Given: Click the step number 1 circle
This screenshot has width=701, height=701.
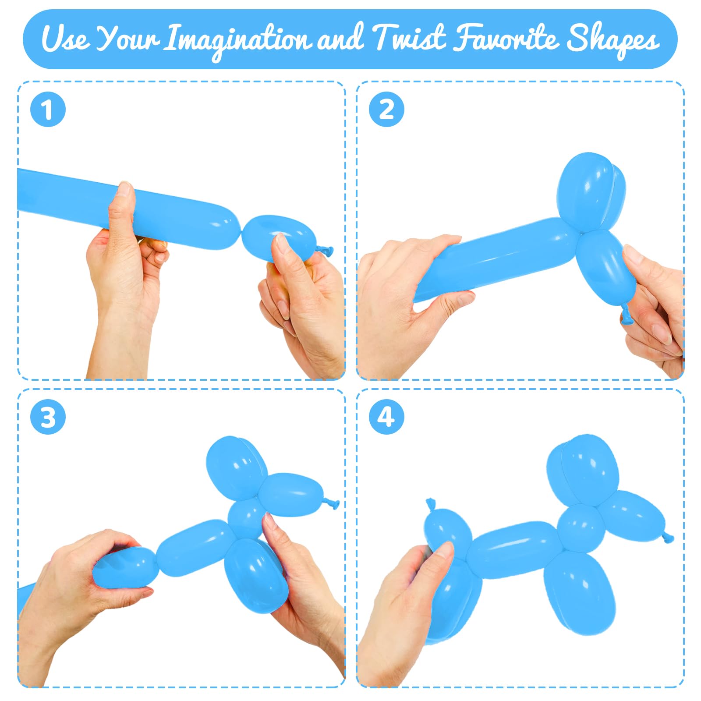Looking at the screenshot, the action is (48, 110).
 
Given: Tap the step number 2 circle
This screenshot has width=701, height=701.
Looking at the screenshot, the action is (386, 110).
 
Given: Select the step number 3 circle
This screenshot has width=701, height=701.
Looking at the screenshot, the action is (48, 417).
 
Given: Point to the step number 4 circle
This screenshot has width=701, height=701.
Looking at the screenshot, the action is (386, 417).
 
